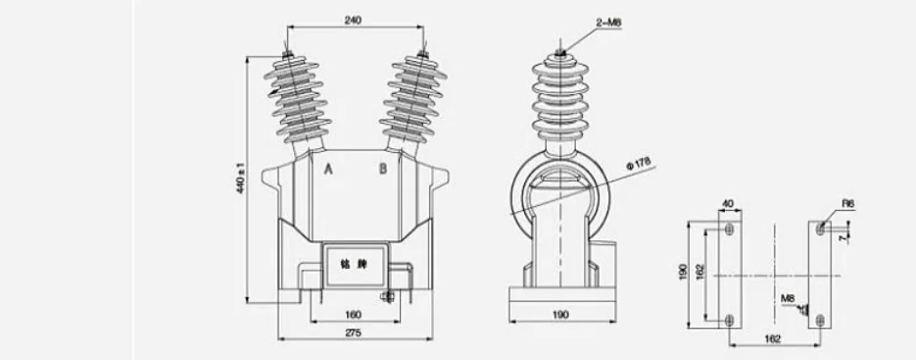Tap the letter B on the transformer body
(383, 168)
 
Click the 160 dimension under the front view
(354, 314)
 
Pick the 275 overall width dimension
(354, 334)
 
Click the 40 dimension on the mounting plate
(727, 204)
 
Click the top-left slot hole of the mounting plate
(728, 229)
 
